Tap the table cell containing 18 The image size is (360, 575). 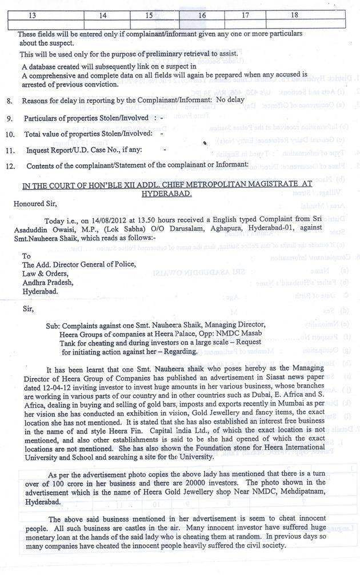point(294,15)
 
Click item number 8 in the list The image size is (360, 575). point(9,100)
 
